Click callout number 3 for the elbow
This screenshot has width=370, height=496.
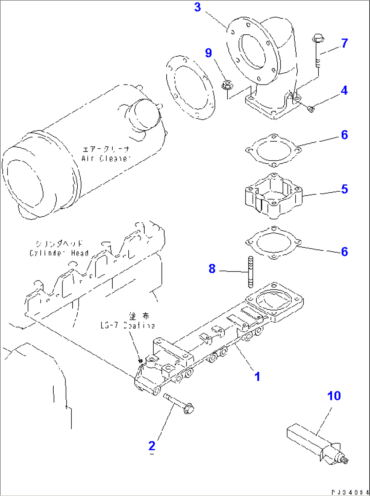pos(198,7)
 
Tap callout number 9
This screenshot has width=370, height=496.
pos(208,53)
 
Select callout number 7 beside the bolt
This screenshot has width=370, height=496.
pos(344,43)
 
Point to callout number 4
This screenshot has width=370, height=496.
pos(344,91)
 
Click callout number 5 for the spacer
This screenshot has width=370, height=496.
pos(344,189)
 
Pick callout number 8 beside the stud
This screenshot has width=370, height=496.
pos(212,269)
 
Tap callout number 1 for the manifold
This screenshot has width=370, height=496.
pos(257,376)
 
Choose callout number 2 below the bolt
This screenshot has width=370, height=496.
pos(152,446)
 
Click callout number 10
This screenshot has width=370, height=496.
pos(334,396)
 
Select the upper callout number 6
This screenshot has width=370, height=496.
pos(344,135)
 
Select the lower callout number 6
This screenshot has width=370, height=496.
pos(344,252)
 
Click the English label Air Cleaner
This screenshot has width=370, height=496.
pos(106,158)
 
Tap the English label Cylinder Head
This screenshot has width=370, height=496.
pos(59,253)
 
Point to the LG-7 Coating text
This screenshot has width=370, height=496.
pos(128,325)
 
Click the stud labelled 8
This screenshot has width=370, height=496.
pos(251,272)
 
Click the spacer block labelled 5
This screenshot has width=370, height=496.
pos(273,196)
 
